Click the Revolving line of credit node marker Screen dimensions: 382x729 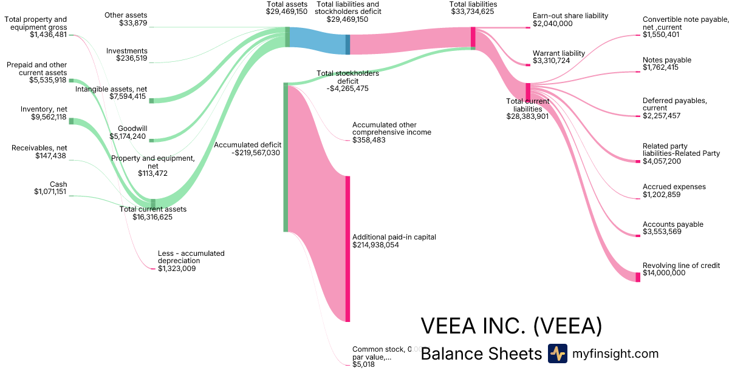pyautogui.click(x=638, y=277)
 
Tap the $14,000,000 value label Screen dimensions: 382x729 pyautogui.click(x=664, y=273)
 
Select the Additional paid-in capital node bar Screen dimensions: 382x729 pyautogui.click(x=347, y=249)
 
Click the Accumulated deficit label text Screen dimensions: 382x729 pyautogui.click(x=247, y=145)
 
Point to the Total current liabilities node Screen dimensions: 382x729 pyautogui.click(x=528, y=92)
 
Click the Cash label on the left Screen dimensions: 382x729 pyautogui.click(x=58, y=184)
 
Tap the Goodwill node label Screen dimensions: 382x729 pyautogui.click(x=132, y=129)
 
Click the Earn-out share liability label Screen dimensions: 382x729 pyautogui.click(x=570, y=16)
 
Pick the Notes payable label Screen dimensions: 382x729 pyautogui.click(x=666, y=60)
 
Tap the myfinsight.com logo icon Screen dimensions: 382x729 pyautogui.click(x=557, y=354)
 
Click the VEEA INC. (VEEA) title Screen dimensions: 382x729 pyautogui.click(x=512, y=326)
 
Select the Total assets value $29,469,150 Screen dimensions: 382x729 pyautogui.click(x=282, y=12)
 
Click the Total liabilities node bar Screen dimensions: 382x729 pyautogui.click(x=473, y=37)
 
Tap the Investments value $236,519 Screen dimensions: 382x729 pyautogui.click(x=131, y=58)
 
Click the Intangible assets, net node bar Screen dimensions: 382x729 pyautogui.click(x=152, y=101)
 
